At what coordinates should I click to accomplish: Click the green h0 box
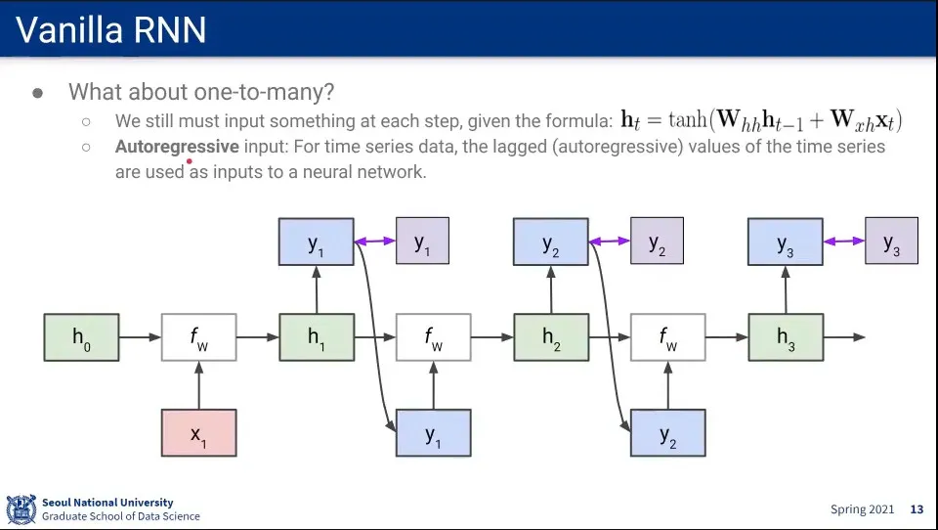(x=81, y=337)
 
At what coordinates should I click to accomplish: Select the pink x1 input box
(x=198, y=432)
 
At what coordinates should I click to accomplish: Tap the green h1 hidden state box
(x=317, y=337)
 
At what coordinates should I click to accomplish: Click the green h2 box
(x=551, y=337)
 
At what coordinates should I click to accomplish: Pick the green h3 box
(x=786, y=337)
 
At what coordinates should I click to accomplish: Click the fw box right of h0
(x=198, y=337)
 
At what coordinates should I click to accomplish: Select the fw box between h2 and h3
(x=668, y=337)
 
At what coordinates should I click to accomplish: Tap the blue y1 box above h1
(x=317, y=242)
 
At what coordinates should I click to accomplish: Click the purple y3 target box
(x=891, y=241)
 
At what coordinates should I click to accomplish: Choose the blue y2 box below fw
(x=668, y=432)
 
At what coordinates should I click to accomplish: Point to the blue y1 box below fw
(x=434, y=432)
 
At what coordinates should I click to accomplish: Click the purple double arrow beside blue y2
(x=610, y=242)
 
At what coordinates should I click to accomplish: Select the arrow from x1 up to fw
(x=199, y=385)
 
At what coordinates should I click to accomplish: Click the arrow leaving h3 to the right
(x=844, y=337)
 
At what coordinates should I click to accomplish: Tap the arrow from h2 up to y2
(x=551, y=289)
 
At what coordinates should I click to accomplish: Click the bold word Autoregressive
(x=177, y=147)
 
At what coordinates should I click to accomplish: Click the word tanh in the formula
(x=688, y=119)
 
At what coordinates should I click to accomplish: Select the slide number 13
(x=917, y=509)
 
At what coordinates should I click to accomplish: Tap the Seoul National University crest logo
(x=21, y=509)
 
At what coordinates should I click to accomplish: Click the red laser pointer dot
(x=189, y=161)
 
